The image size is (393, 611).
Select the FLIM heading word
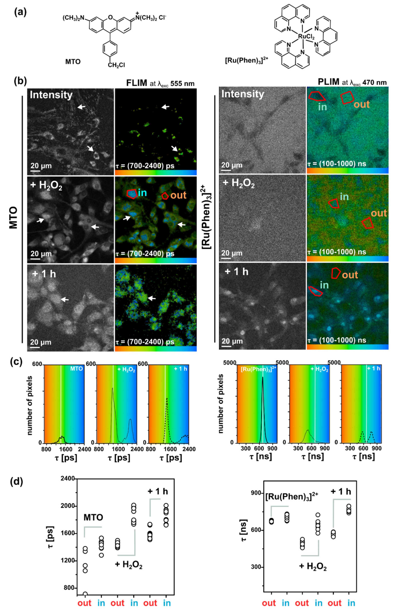tap(136, 83)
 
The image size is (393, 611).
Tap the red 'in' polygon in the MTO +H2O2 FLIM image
tap(132, 194)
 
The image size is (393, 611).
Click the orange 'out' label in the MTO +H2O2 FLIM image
tap(178, 195)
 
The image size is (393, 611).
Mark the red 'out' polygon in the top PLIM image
tap(347, 97)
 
